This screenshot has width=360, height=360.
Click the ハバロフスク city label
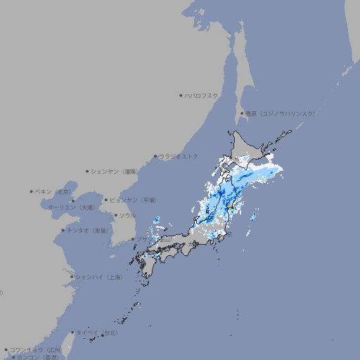point(202,95)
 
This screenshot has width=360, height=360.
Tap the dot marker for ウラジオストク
point(155,156)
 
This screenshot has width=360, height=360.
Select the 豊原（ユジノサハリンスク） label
point(280,113)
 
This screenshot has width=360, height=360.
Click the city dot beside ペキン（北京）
point(32,191)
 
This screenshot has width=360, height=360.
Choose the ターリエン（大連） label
point(70,207)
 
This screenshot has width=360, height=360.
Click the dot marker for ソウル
point(115,215)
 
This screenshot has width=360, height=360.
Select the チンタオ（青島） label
point(87,231)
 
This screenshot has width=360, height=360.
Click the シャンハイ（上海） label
point(98,277)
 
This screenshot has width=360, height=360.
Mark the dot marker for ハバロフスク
point(181,95)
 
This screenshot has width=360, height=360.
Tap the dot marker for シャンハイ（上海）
point(72,277)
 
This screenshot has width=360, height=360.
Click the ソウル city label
point(127,215)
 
